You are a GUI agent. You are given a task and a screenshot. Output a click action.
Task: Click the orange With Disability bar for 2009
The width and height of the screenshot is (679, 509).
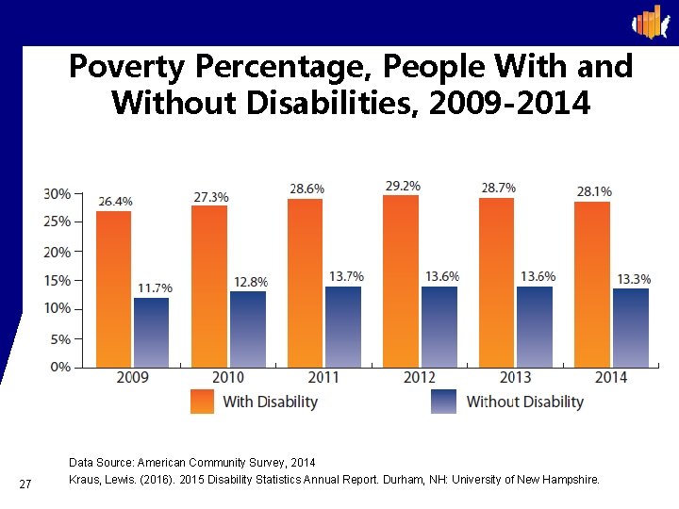114,288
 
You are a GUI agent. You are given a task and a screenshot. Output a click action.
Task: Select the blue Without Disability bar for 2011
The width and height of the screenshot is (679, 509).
342,326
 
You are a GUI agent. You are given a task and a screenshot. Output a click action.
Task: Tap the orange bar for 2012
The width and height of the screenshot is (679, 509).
401,281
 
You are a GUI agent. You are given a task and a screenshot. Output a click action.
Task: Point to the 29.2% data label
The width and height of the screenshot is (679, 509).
402,186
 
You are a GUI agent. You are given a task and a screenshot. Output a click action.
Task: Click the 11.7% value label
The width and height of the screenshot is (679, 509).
154,287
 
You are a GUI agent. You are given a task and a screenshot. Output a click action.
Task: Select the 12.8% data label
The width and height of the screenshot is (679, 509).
250,282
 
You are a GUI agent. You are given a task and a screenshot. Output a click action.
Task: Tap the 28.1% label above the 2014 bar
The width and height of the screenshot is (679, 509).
593,191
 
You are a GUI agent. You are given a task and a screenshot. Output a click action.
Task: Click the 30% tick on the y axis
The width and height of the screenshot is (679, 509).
58,193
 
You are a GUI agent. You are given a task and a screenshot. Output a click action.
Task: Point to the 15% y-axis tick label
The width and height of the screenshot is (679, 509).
58,280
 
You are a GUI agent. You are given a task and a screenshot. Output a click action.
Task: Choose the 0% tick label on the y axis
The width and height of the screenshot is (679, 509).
60,367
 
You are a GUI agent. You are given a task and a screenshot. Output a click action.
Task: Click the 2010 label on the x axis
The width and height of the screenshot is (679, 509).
228,378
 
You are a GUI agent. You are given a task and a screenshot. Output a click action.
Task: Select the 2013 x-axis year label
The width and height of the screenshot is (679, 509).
515,378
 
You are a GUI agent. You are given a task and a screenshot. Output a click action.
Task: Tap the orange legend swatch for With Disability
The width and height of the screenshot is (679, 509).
202,402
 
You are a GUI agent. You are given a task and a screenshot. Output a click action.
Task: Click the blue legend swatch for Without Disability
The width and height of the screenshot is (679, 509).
443,402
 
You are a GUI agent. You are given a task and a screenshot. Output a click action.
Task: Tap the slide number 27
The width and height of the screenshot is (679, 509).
26,484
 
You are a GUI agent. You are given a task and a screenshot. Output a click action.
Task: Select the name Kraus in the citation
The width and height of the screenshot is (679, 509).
86,480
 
